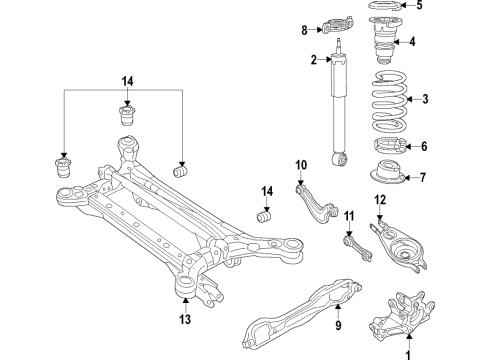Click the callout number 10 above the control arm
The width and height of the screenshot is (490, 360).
coord(300,164)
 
